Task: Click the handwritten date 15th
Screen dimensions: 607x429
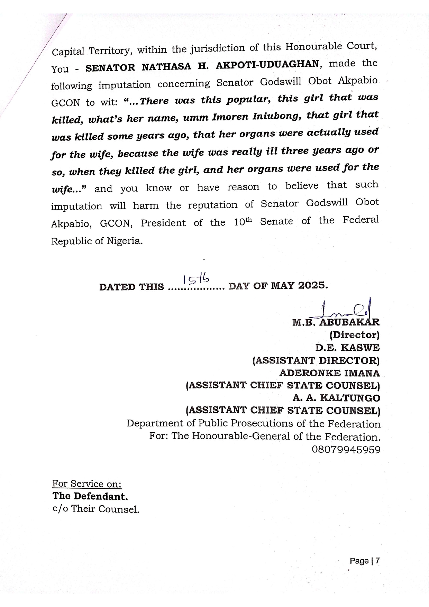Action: pos(196,279)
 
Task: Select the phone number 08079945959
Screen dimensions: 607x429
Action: pos(346,450)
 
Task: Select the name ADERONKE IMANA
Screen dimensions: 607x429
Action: pos(329,373)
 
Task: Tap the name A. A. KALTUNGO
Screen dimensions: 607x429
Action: pos(336,398)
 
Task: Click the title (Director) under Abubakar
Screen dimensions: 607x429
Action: pos(354,335)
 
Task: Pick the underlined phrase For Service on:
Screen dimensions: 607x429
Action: pos(87,484)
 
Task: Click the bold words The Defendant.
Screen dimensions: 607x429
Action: pos(90,496)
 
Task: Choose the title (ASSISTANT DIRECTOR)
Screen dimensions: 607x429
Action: pos(316,360)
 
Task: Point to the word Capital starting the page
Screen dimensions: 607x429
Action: pos(68,52)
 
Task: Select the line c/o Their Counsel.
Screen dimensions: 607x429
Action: pos(95,509)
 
